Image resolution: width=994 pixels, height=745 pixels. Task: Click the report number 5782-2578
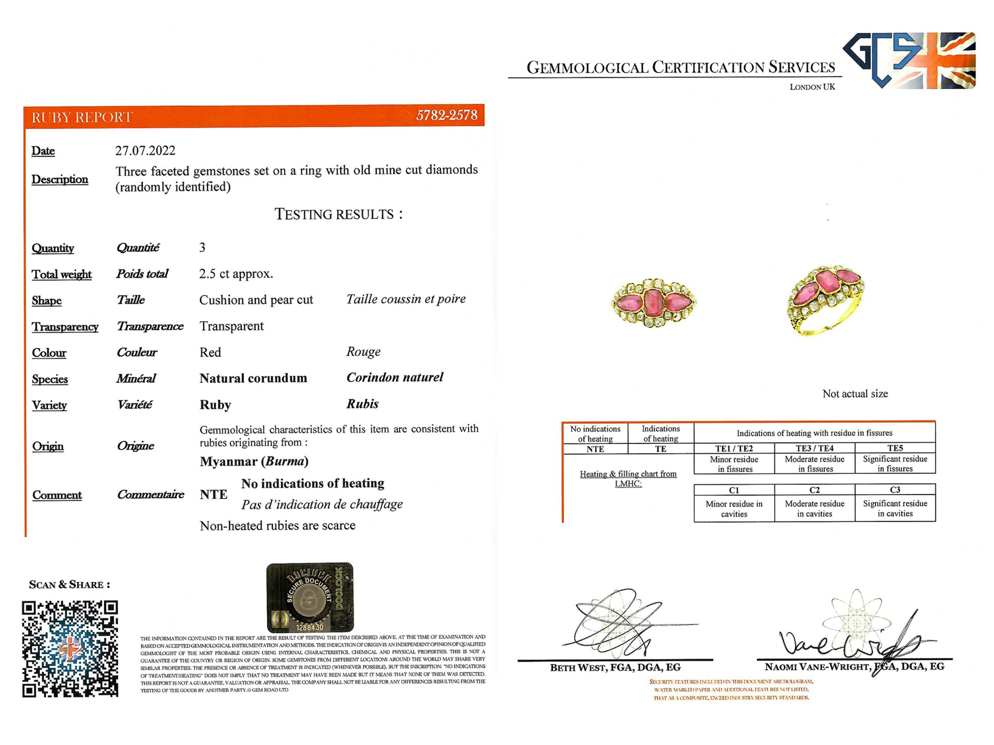pyautogui.click(x=446, y=115)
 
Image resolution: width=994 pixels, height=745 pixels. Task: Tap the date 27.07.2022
pyautogui.click(x=145, y=151)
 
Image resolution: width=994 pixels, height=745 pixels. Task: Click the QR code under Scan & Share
pyautogui.click(x=70, y=648)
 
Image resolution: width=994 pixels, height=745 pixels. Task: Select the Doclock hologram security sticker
pyautogui.click(x=310, y=597)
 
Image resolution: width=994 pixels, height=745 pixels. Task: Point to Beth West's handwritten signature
pyautogui.click(x=620, y=624)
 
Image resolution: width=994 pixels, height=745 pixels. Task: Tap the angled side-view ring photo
pyautogui.click(x=825, y=299)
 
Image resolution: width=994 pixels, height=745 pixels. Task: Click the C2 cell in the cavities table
pyautogui.click(x=814, y=490)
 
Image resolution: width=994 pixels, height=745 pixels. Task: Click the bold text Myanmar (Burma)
pyautogui.click(x=254, y=461)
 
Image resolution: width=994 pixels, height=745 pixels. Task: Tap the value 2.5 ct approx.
pyautogui.click(x=236, y=274)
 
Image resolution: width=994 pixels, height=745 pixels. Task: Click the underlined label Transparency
pyautogui.click(x=65, y=327)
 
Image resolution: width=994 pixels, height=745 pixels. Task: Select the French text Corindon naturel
pyautogui.click(x=394, y=377)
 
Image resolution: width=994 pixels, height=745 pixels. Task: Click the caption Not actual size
pyautogui.click(x=855, y=394)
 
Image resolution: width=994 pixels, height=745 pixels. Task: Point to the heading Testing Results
pyautogui.click(x=338, y=214)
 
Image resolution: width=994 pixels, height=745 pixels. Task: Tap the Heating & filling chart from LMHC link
pyautogui.click(x=628, y=478)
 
